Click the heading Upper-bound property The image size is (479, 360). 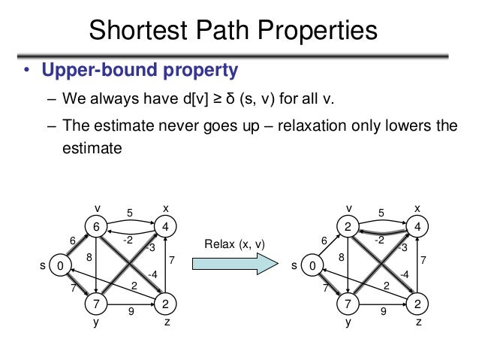click(140, 71)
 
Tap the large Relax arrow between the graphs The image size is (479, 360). click(234, 265)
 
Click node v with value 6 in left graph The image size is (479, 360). click(96, 226)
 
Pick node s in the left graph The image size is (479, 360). click(62, 265)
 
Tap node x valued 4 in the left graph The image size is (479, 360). click(165, 226)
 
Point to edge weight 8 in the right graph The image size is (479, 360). click(342, 257)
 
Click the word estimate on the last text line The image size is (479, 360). click(91, 148)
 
